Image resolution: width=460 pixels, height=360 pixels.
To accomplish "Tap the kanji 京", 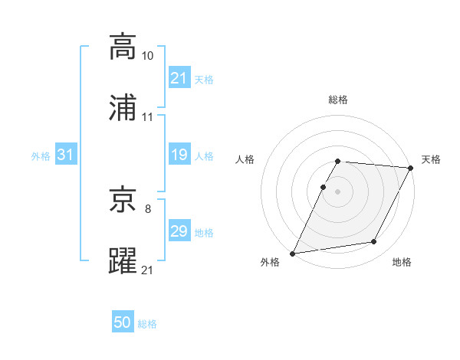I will point(123,201).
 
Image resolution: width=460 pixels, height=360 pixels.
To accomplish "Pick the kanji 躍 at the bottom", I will point(123,261).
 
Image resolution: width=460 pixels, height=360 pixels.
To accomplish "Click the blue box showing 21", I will point(179,78).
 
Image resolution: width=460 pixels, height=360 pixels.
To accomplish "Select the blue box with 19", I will point(179,155).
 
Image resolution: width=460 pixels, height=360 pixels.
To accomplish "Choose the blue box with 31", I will point(66,155).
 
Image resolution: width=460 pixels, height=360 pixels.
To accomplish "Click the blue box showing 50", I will point(123,323).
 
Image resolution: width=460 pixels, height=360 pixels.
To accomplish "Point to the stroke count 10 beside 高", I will point(148,56).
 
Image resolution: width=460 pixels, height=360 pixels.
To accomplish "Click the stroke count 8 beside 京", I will point(147,208).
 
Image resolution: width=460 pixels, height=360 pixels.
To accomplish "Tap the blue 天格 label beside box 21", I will point(204,79).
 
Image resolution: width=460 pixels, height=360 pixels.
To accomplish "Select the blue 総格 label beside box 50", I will point(147,324).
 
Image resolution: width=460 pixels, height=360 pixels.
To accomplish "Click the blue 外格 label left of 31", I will point(41,156).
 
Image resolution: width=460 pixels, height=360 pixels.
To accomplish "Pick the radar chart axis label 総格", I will point(338,100).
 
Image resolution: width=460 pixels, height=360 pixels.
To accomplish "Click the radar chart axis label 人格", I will point(245,159).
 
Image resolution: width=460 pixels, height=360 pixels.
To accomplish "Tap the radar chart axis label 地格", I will point(402,263).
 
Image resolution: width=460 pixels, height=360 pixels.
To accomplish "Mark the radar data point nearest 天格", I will point(411,167).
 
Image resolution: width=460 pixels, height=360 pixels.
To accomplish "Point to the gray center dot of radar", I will point(338,191).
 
